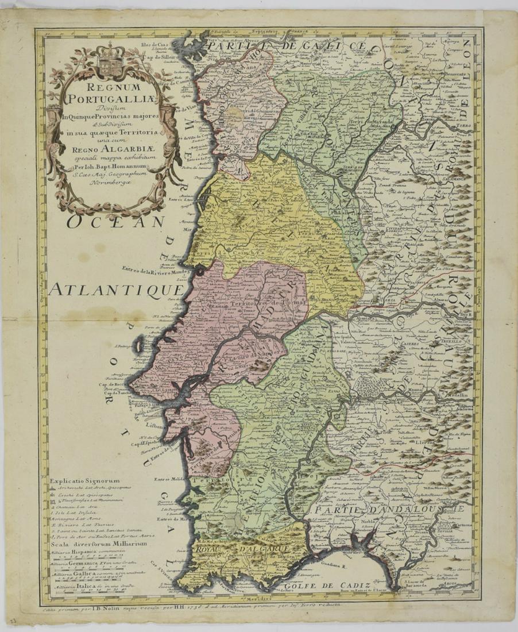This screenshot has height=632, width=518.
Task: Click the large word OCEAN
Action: (x=115, y=221)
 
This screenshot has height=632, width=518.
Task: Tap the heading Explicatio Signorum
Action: (x=84, y=480)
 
